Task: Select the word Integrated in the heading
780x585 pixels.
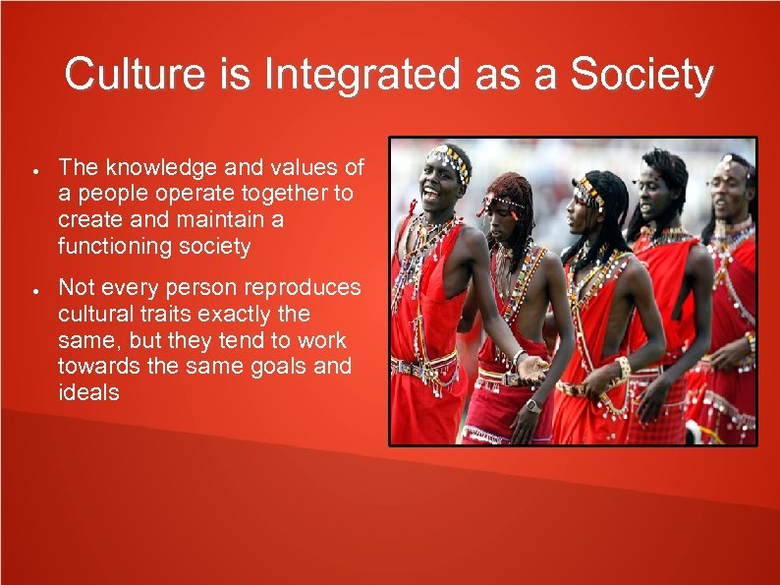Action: click(330, 76)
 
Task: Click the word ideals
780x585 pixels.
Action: click(88, 393)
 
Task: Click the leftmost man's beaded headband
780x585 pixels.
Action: click(450, 158)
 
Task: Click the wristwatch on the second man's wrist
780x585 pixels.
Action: click(532, 405)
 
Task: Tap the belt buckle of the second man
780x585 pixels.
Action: click(511, 380)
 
